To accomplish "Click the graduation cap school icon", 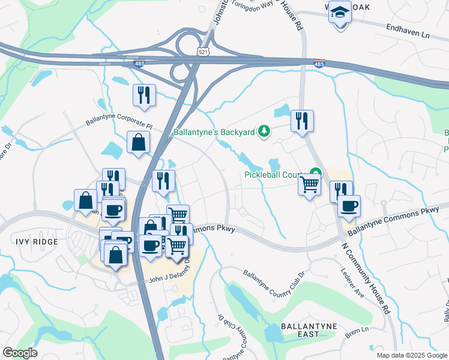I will coord(340,13).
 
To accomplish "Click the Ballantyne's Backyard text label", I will coord(214,131).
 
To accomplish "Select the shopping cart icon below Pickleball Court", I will coord(309,184).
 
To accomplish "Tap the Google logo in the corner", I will coord(20,353).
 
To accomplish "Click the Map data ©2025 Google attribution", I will coord(411,355).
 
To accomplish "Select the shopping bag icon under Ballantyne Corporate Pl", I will coord(139,142).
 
